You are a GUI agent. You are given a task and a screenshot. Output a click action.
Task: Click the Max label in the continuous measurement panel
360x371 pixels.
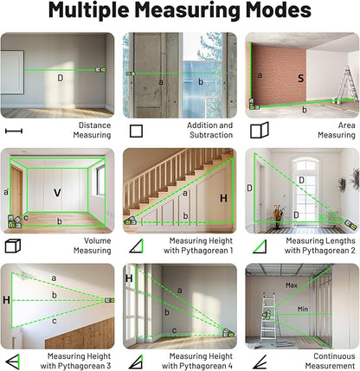292,285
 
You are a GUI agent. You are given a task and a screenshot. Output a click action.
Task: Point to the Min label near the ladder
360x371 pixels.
303,309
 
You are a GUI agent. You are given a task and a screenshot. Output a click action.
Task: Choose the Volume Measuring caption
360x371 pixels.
92,246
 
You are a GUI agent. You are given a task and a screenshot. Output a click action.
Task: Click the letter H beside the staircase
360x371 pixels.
222,199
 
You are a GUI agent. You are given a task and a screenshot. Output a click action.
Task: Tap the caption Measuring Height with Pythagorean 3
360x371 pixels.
86,360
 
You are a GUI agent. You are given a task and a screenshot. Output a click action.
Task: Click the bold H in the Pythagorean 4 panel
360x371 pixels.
129,278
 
